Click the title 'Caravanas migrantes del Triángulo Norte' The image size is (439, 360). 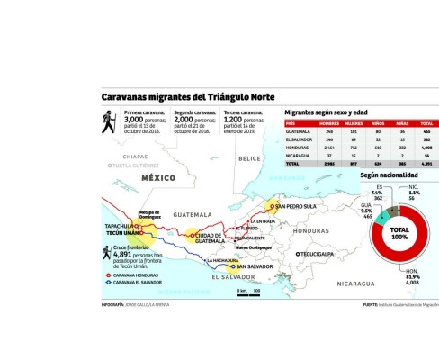click(x=188, y=97)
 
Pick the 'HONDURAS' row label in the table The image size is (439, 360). click(x=299, y=148)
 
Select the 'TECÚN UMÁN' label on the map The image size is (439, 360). click(x=121, y=232)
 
